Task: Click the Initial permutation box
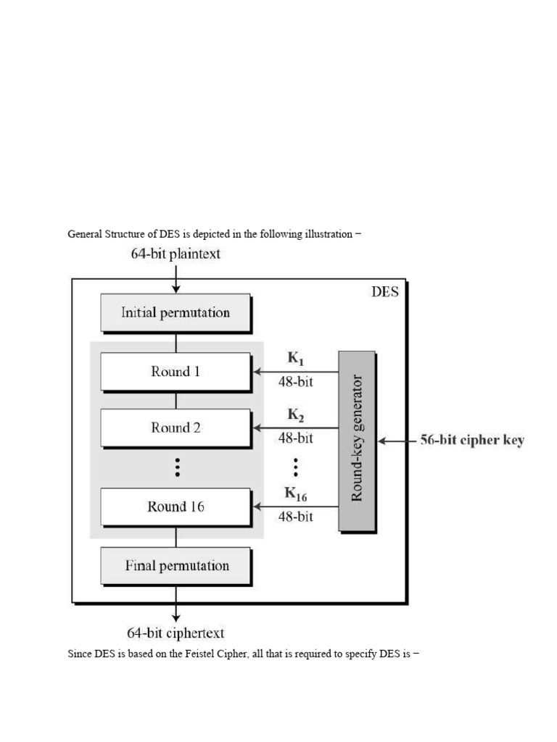click(175, 313)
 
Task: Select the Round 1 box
click(175, 372)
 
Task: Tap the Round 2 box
click(175, 428)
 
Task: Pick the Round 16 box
click(175, 507)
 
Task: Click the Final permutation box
click(175, 565)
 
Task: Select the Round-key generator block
click(357, 441)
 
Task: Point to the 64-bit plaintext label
click(176, 254)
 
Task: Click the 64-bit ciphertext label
click(176, 633)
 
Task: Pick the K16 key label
click(296, 494)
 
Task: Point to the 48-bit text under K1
click(296, 382)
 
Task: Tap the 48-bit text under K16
click(296, 517)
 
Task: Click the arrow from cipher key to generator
click(396, 441)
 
